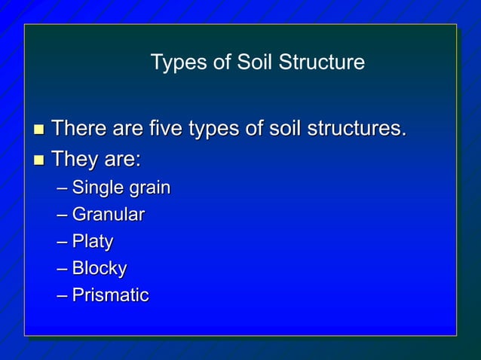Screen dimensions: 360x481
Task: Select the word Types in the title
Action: tap(176, 62)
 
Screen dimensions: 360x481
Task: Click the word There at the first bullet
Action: tap(78, 129)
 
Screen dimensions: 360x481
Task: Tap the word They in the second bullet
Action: tap(76, 160)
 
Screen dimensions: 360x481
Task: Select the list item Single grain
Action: tap(121, 188)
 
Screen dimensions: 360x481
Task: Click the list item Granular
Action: tap(108, 215)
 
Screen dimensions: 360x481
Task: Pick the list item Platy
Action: tap(93, 242)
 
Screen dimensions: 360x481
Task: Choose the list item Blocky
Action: tap(100, 268)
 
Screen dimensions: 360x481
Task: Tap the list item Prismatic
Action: tap(110, 295)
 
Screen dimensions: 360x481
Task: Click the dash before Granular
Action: tap(61, 215)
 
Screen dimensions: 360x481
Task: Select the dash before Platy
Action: tap(61, 243)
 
